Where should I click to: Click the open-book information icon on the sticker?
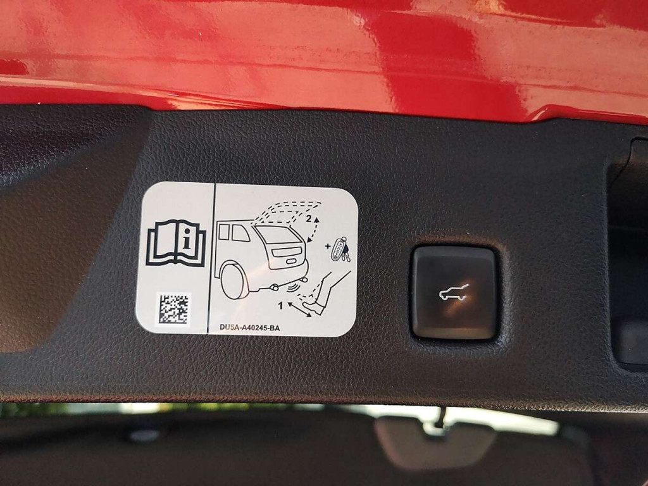click(x=175, y=244)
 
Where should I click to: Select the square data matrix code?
click(x=174, y=308)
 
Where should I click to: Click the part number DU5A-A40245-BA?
click(x=249, y=328)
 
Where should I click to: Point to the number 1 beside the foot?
click(x=281, y=306)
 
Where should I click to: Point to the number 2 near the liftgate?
click(x=309, y=220)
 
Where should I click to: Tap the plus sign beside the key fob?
click(x=328, y=246)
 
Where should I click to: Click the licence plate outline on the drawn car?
click(x=291, y=261)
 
